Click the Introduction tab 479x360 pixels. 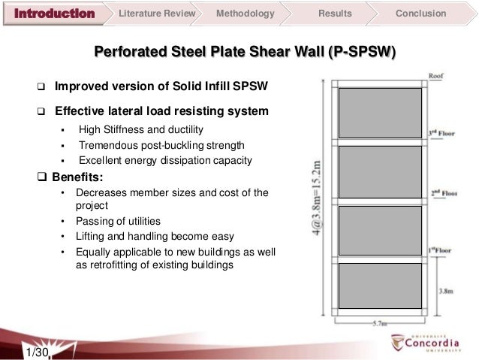coord(56,14)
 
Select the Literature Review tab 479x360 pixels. coord(158,14)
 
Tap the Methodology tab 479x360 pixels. coord(245,14)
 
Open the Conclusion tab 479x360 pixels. coord(420,14)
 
